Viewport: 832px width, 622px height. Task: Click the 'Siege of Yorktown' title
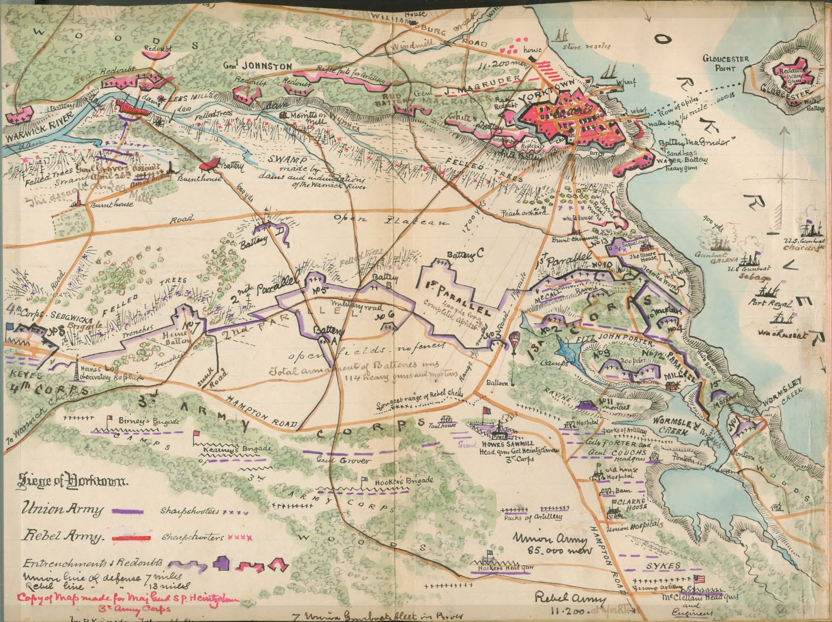[74, 480]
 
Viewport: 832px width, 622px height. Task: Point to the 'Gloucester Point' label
[726, 64]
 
